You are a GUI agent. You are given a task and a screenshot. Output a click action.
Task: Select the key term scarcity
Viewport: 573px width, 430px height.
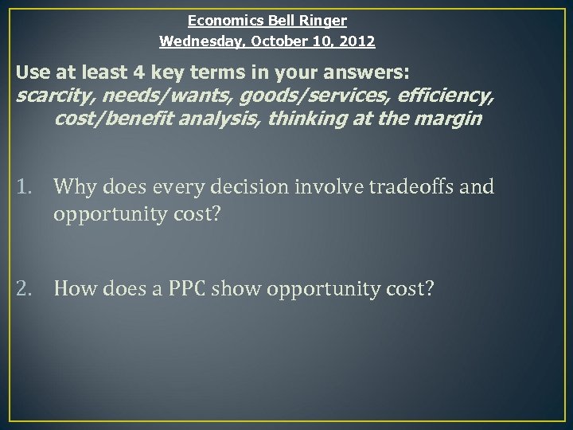[x=48, y=96]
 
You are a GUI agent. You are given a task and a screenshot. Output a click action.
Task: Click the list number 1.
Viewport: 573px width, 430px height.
[x=22, y=187]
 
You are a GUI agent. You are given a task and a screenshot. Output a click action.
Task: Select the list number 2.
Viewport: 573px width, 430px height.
[x=22, y=287]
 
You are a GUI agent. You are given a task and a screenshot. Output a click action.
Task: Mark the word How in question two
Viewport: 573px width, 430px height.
[x=74, y=287]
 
